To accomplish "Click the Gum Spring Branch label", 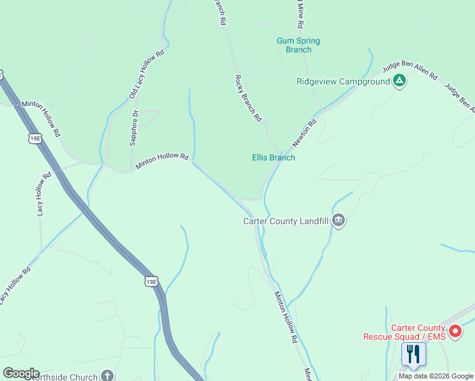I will tap(298, 45).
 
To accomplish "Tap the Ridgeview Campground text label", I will tap(343, 82).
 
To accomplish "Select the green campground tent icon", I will tap(399, 81).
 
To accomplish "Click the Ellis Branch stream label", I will tap(273, 157).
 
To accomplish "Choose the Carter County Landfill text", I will tap(286, 222).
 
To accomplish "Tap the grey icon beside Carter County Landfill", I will tap(338, 221).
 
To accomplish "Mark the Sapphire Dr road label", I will tap(134, 129).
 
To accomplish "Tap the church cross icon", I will tap(107, 376).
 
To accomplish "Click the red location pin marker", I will tap(455, 331).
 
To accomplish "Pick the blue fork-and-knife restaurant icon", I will tap(413, 354).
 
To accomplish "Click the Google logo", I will tap(21, 373).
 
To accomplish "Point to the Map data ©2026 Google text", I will tap(436, 376).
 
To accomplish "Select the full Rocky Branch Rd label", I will tap(248, 98).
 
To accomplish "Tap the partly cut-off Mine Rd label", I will tap(298, 13).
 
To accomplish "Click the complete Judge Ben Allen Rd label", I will tap(410, 72).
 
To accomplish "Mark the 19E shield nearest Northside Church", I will tap(151, 281).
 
